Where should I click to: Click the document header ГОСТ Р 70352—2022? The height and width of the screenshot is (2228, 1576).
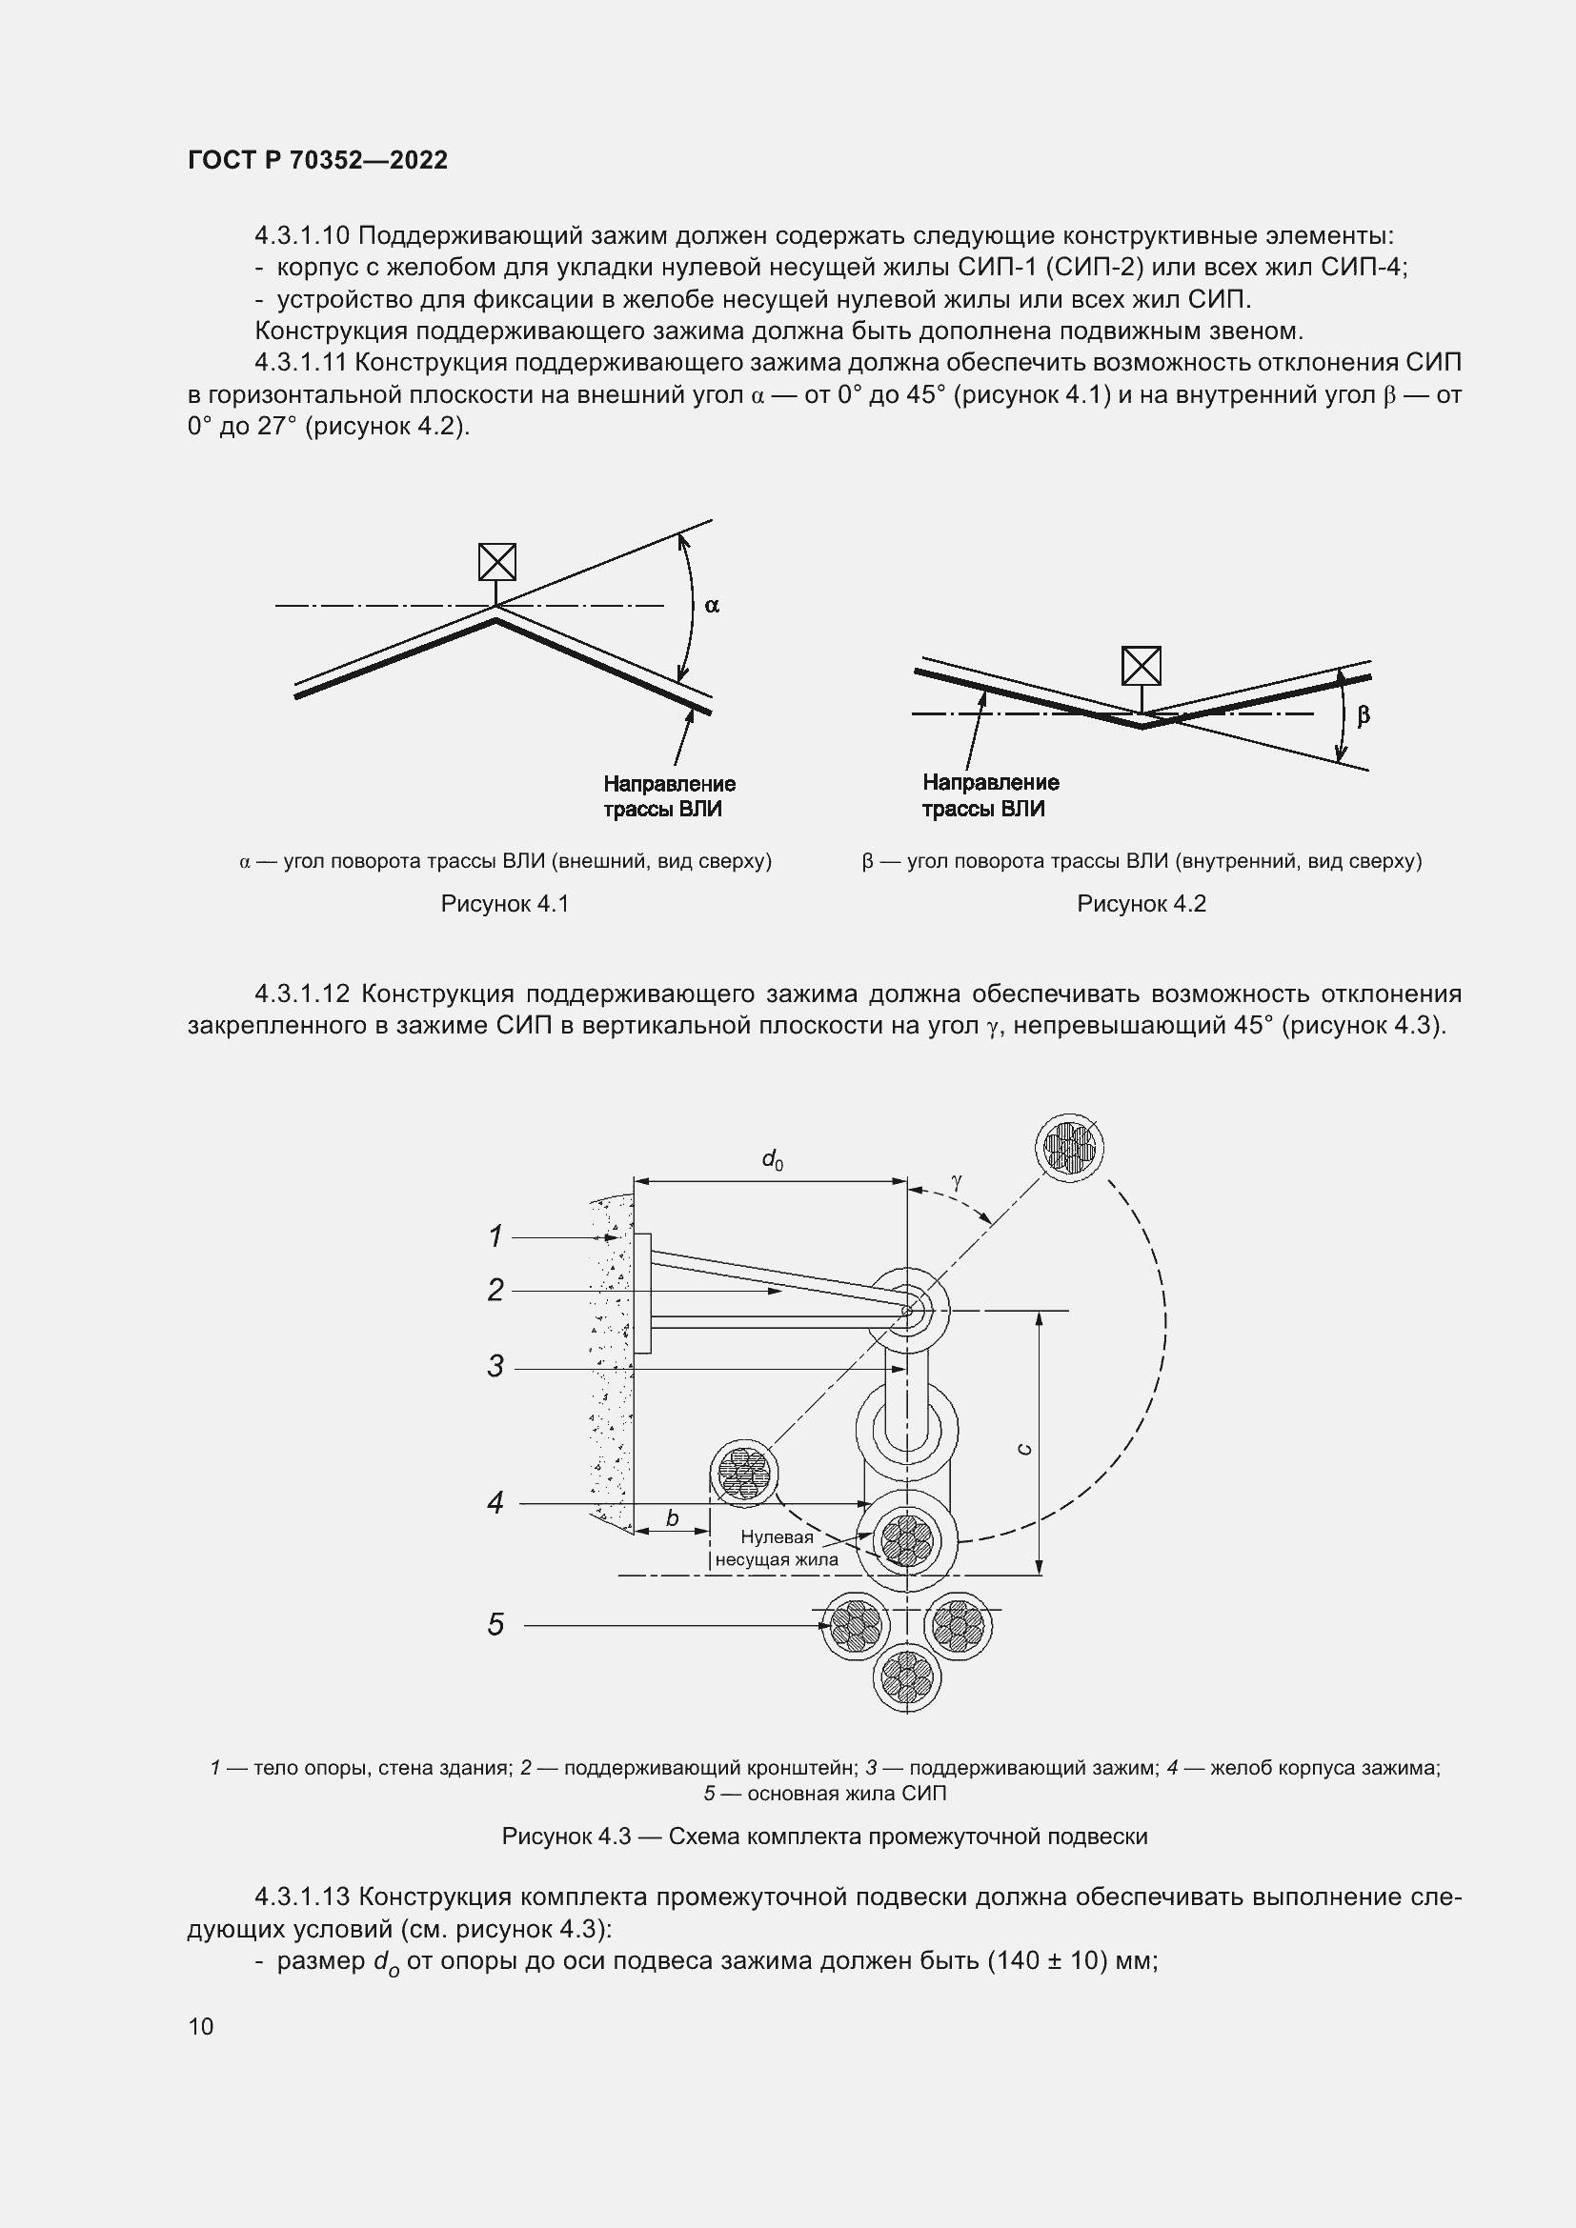pyautogui.click(x=317, y=161)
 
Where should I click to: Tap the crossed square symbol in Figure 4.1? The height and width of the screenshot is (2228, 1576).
pyautogui.click(x=496, y=562)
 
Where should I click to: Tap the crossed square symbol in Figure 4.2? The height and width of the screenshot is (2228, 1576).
pyautogui.click(x=1142, y=666)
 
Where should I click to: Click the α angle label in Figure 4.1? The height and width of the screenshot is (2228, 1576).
pyautogui.click(x=712, y=606)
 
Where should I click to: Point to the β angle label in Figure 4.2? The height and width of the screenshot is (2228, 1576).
pyautogui.click(x=1363, y=716)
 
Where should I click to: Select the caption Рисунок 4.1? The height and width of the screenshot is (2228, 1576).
pyautogui.click(x=505, y=903)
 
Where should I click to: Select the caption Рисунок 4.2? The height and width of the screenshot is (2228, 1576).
pyautogui.click(x=1142, y=903)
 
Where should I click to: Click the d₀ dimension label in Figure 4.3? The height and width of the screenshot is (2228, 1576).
pyautogui.click(x=773, y=1158)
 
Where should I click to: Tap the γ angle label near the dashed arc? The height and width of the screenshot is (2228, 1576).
pyautogui.click(x=957, y=1181)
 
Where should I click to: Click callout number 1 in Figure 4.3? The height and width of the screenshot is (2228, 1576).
pyautogui.click(x=495, y=1236)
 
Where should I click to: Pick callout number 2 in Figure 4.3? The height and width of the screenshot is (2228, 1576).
pyautogui.click(x=495, y=1291)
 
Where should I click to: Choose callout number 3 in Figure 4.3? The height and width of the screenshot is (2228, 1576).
pyautogui.click(x=495, y=1367)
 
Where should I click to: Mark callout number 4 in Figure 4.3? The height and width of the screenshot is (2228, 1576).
pyautogui.click(x=495, y=1503)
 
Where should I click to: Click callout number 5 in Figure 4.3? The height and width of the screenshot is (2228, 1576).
pyautogui.click(x=495, y=1624)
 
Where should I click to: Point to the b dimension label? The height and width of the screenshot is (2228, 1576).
pyautogui.click(x=672, y=1518)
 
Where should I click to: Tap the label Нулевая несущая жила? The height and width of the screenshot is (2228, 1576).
pyautogui.click(x=777, y=1549)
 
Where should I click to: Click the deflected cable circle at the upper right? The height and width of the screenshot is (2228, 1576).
pyautogui.click(x=1069, y=1146)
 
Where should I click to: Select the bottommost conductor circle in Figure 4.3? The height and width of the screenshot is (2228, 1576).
pyautogui.click(x=906, y=1677)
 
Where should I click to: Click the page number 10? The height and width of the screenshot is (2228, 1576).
pyautogui.click(x=201, y=2026)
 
